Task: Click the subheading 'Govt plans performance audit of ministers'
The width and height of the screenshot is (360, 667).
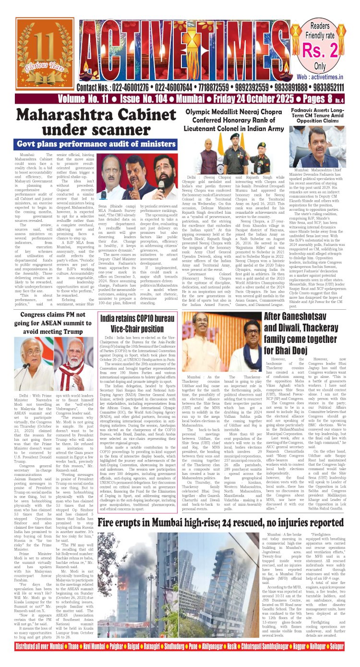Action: (96, 144)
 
